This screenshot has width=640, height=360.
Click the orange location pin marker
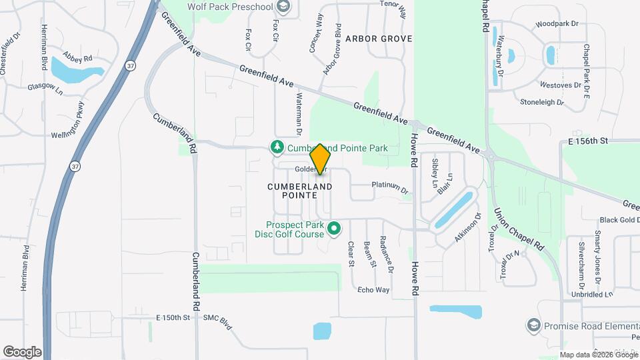(321, 159)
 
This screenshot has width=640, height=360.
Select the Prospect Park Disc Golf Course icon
(335, 229)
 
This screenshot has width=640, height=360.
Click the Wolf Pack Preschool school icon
(283, 7)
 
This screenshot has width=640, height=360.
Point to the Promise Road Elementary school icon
(533, 325)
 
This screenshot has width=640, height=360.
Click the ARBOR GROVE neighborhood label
(379, 39)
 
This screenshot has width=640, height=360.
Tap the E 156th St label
(589, 141)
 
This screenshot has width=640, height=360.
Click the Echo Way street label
(373, 290)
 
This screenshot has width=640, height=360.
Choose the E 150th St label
(173, 318)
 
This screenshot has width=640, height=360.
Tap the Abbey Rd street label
(77, 57)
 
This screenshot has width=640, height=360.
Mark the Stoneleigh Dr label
(542, 103)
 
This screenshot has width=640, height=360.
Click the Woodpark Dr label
(557, 24)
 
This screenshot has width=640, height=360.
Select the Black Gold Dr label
(619, 219)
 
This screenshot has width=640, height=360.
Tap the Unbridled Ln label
(591, 294)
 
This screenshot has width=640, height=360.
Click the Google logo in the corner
(22, 351)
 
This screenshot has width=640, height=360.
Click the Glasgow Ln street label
(45, 87)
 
